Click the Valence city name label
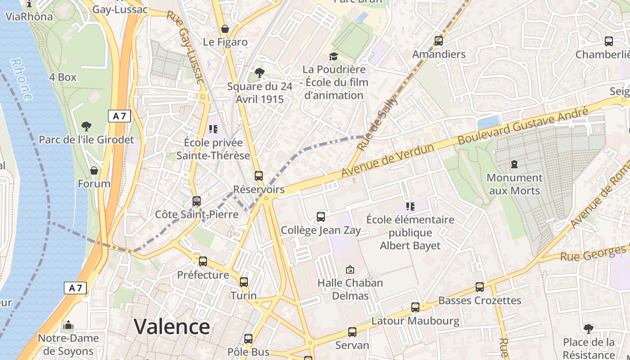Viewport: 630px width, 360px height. [x=172, y=327]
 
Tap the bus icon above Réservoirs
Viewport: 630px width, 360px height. [x=258, y=176]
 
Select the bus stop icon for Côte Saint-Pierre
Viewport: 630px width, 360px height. [x=196, y=201]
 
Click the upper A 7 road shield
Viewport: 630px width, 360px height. [x=119, y=116]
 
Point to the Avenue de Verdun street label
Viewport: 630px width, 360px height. [x=388, y=160]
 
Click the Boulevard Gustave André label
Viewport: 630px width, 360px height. [x=523, y=126]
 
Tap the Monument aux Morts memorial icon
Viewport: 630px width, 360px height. [x=514, y=164]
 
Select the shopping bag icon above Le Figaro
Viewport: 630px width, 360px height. [x=225, y=29]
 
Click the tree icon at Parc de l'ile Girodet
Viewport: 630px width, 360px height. [x=86, y=126]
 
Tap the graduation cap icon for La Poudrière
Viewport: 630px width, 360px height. [x=333, y=56]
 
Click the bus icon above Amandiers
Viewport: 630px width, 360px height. [x=439, y=41]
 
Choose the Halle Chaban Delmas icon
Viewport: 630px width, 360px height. [x=350, y=270]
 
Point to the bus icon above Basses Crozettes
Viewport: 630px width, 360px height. [x=480, y=287]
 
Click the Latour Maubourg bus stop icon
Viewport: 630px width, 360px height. [x=415, y=307]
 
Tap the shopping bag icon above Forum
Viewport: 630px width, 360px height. [x=94, y=171]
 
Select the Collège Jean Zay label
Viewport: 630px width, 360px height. [x=321, y=230]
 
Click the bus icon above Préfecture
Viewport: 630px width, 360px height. [x=203, y=261]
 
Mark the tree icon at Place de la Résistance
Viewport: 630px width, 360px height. [x=588, y=329]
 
